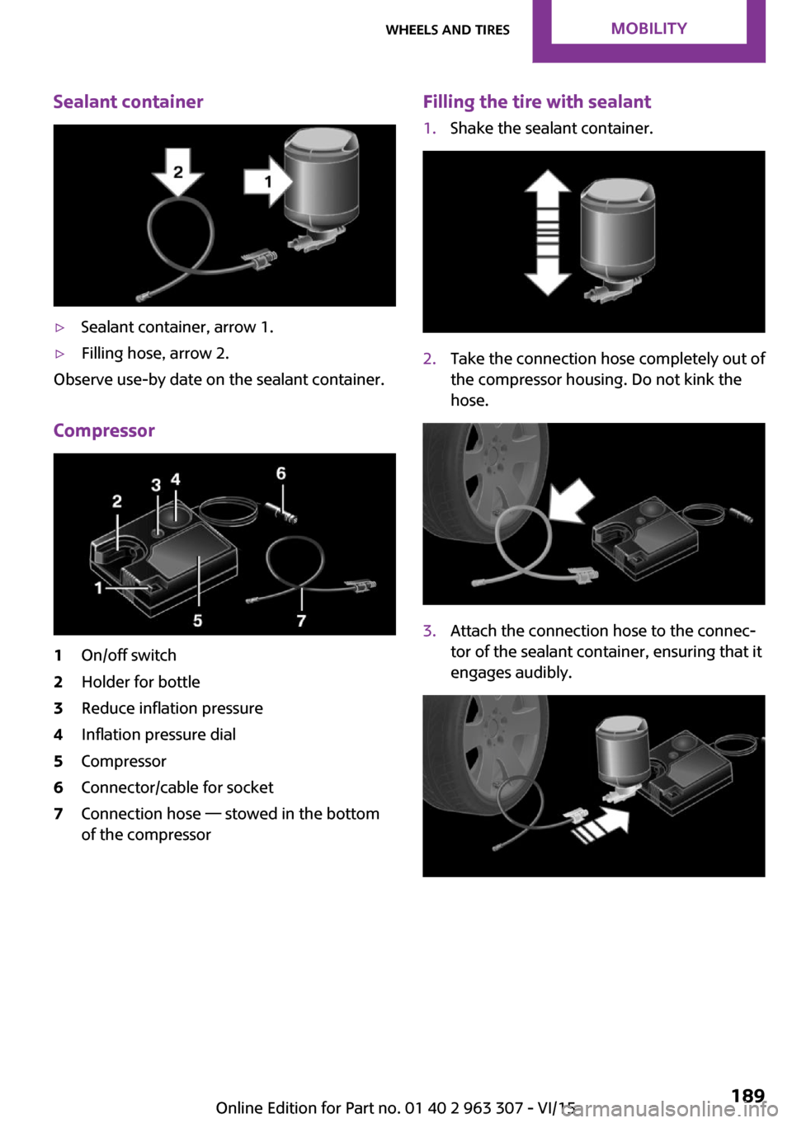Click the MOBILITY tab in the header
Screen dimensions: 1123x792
click(648, 29)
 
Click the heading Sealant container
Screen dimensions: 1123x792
click(128, 101)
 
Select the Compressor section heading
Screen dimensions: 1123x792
click(104, 430)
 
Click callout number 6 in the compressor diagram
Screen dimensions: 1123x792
click(281, 473)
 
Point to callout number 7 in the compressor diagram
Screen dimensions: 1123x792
click(301, 620)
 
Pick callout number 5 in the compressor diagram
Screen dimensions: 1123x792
click(198, 620)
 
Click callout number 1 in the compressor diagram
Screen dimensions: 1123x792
click(99, 588)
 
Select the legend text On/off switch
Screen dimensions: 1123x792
click(129, 655)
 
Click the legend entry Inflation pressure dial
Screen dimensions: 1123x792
click(158, 735)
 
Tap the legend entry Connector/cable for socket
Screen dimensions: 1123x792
click(177, 787)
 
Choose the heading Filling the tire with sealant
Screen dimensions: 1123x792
click(537, 101)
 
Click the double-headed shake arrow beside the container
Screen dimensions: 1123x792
click(547, 233)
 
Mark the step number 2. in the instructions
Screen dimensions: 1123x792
click(429, 359)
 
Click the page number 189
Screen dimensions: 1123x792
click(747, 1096)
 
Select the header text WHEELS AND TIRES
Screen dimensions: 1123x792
click(448, 30)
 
